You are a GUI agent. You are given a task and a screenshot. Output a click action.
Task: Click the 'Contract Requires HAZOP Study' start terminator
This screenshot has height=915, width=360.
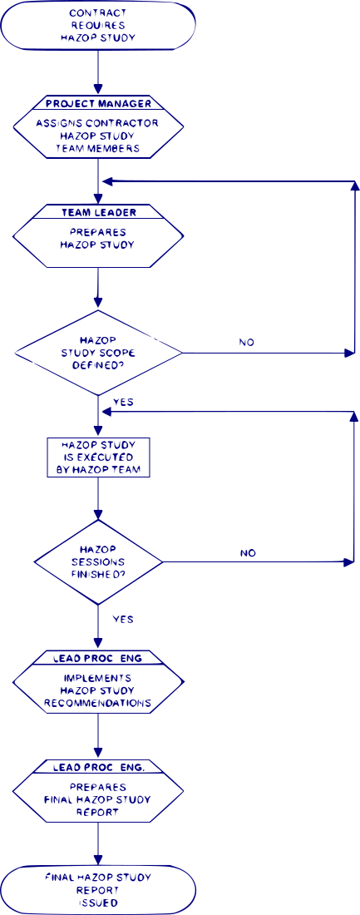[98, 27]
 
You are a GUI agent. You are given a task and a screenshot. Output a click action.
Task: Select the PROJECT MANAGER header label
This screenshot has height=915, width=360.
[98, 104]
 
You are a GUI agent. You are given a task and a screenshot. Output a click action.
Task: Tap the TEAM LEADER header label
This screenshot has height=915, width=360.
[98, 212]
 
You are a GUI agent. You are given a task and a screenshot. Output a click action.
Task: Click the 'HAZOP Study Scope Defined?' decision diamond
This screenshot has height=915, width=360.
[98, 352]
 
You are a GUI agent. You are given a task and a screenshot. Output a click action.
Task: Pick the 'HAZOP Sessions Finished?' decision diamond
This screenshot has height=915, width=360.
[98, 562]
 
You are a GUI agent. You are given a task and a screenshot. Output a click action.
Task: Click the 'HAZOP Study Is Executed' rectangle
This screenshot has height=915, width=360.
[98, 457]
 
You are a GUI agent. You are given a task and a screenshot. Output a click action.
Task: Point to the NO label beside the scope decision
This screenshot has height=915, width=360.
[247, 343]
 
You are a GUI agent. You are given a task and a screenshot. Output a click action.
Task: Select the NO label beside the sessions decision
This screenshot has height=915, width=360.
[248, 552]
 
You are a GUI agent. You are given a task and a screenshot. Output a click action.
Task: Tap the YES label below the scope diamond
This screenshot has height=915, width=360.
[123, 402]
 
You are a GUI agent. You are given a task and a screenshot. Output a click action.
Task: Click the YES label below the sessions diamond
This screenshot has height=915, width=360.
[122, 619]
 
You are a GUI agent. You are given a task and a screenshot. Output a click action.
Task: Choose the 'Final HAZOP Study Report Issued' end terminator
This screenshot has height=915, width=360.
[98, 889]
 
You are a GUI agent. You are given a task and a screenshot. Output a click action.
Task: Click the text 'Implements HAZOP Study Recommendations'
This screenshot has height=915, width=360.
[98, 691]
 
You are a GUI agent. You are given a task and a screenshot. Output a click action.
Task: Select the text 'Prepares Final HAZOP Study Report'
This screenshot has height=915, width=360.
[98, 799]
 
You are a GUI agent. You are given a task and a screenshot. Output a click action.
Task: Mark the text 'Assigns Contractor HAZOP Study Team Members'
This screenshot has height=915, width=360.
[98, 136]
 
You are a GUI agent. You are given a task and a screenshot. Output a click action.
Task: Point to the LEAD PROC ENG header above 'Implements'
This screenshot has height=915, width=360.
[98, 658]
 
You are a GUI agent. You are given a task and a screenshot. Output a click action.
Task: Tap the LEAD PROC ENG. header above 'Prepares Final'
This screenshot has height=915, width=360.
[98, 765]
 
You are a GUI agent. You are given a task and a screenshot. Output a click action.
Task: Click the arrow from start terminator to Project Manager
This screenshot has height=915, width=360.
[98, 73]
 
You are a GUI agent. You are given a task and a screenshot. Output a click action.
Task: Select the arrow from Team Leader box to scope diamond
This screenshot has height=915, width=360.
[98, 289]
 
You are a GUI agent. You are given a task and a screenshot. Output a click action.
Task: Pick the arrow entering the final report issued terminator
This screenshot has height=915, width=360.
[98, 843]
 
